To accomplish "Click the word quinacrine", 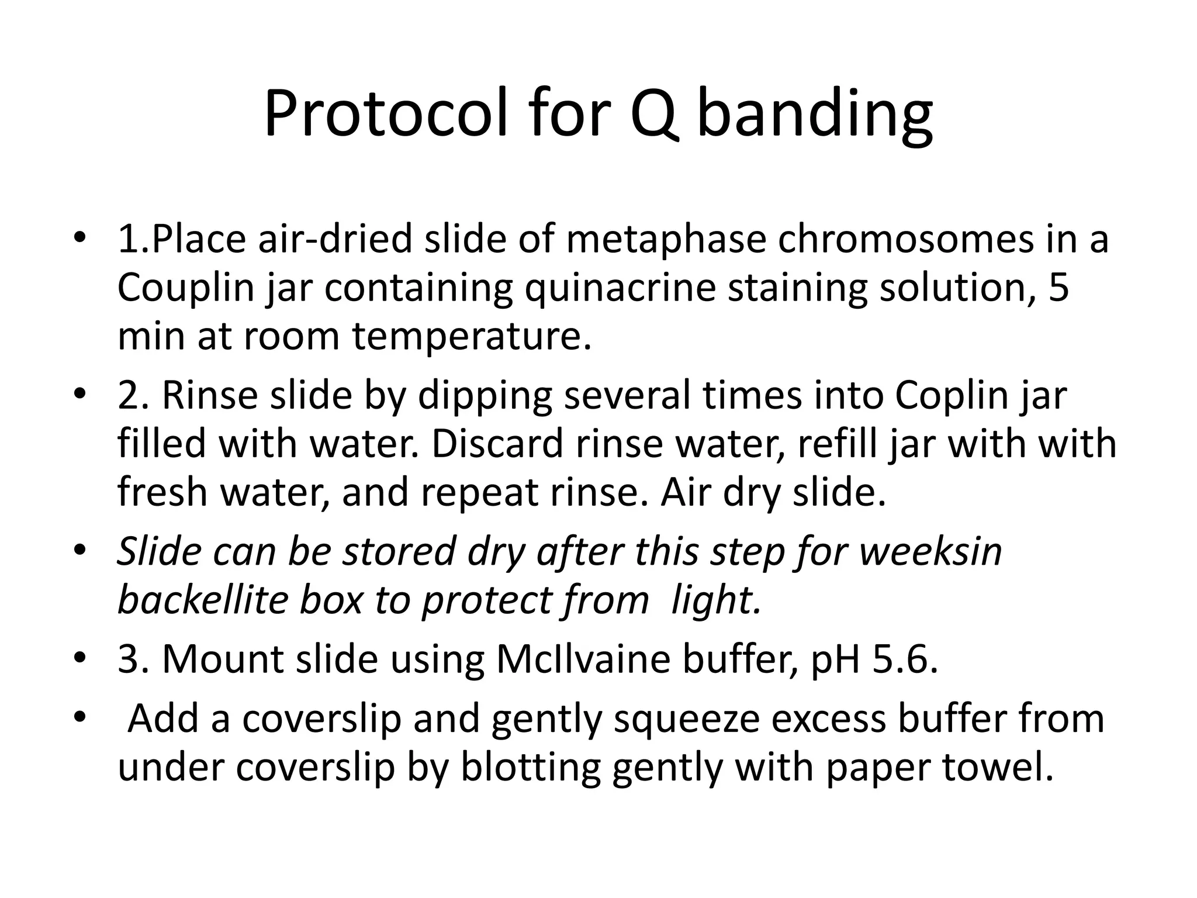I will pos(620,289).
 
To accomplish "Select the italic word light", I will pos(717,601).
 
